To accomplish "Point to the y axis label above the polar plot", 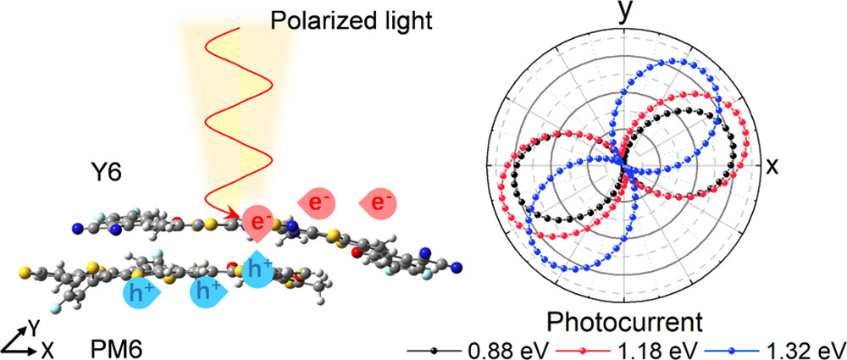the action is click(x=625, y=14).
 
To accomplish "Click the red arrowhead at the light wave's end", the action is click(x=230, y=215).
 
